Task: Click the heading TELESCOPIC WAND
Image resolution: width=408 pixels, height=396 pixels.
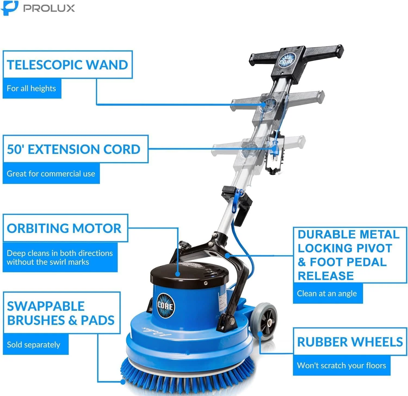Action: (67, 65)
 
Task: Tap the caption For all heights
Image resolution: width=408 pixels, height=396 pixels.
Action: (32, 89)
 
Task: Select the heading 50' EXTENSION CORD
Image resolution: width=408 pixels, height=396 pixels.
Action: (74, 149)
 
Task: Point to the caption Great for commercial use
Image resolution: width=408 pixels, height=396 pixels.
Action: (51, 174)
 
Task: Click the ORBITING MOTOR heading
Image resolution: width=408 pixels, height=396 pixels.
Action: (64, 228)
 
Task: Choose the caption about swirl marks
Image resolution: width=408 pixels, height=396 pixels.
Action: (60, 258)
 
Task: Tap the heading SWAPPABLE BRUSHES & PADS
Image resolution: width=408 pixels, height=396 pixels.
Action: (61, 313)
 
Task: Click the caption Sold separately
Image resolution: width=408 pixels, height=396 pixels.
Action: (34, 345)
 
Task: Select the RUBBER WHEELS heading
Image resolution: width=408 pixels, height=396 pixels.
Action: (350, 342)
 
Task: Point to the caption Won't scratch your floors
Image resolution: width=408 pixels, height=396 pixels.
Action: (341, 365)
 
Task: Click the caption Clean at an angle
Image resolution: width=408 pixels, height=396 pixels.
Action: (327, 294)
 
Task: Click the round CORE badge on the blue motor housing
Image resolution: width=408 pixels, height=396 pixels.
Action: (165, 306)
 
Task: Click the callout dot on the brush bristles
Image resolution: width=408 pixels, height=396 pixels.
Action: (123, 382)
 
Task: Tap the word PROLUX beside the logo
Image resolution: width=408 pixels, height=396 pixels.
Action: (49, 8)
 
